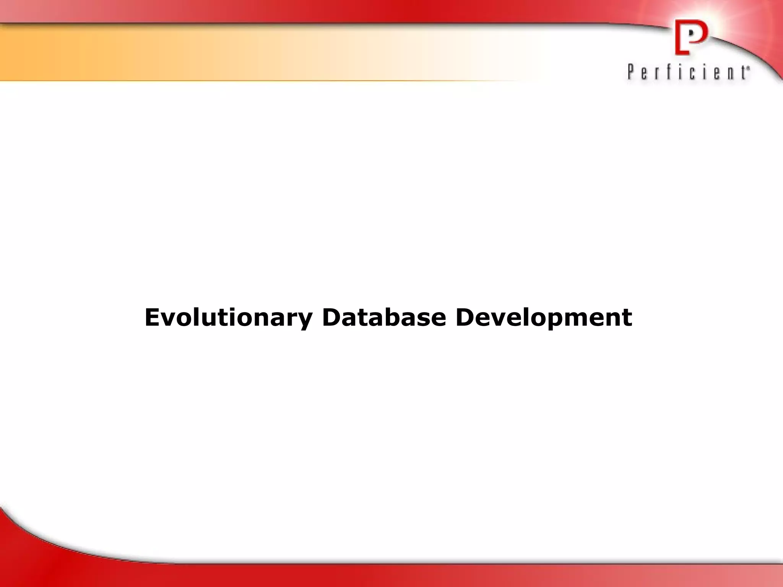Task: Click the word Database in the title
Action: tap(384, 318)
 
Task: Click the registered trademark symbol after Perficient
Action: tap(748, 69)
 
